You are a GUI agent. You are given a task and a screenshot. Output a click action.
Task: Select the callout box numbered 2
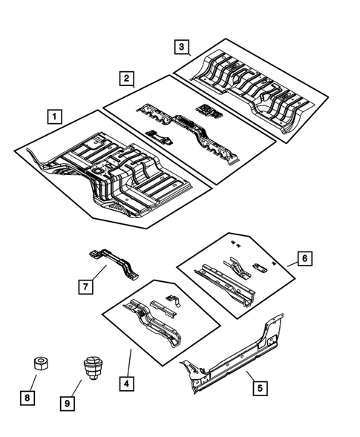(128, 78)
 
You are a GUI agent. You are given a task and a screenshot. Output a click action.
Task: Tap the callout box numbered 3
(182, 47)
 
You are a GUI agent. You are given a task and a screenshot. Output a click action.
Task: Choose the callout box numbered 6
(304, 258)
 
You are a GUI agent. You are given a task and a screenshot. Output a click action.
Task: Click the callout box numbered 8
(27, 398)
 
